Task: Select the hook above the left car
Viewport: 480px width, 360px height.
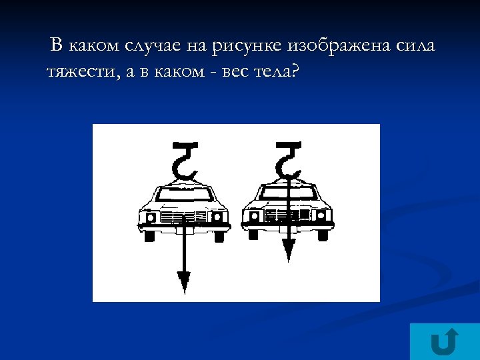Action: [185, 158]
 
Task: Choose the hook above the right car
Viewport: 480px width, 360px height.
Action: [288, 158]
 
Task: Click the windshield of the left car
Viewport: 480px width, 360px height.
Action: [183, 195]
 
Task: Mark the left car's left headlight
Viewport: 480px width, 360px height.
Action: [149, 217]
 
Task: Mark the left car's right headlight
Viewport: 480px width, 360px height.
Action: [218, 217]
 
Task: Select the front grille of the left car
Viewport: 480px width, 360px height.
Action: [183, 218]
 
